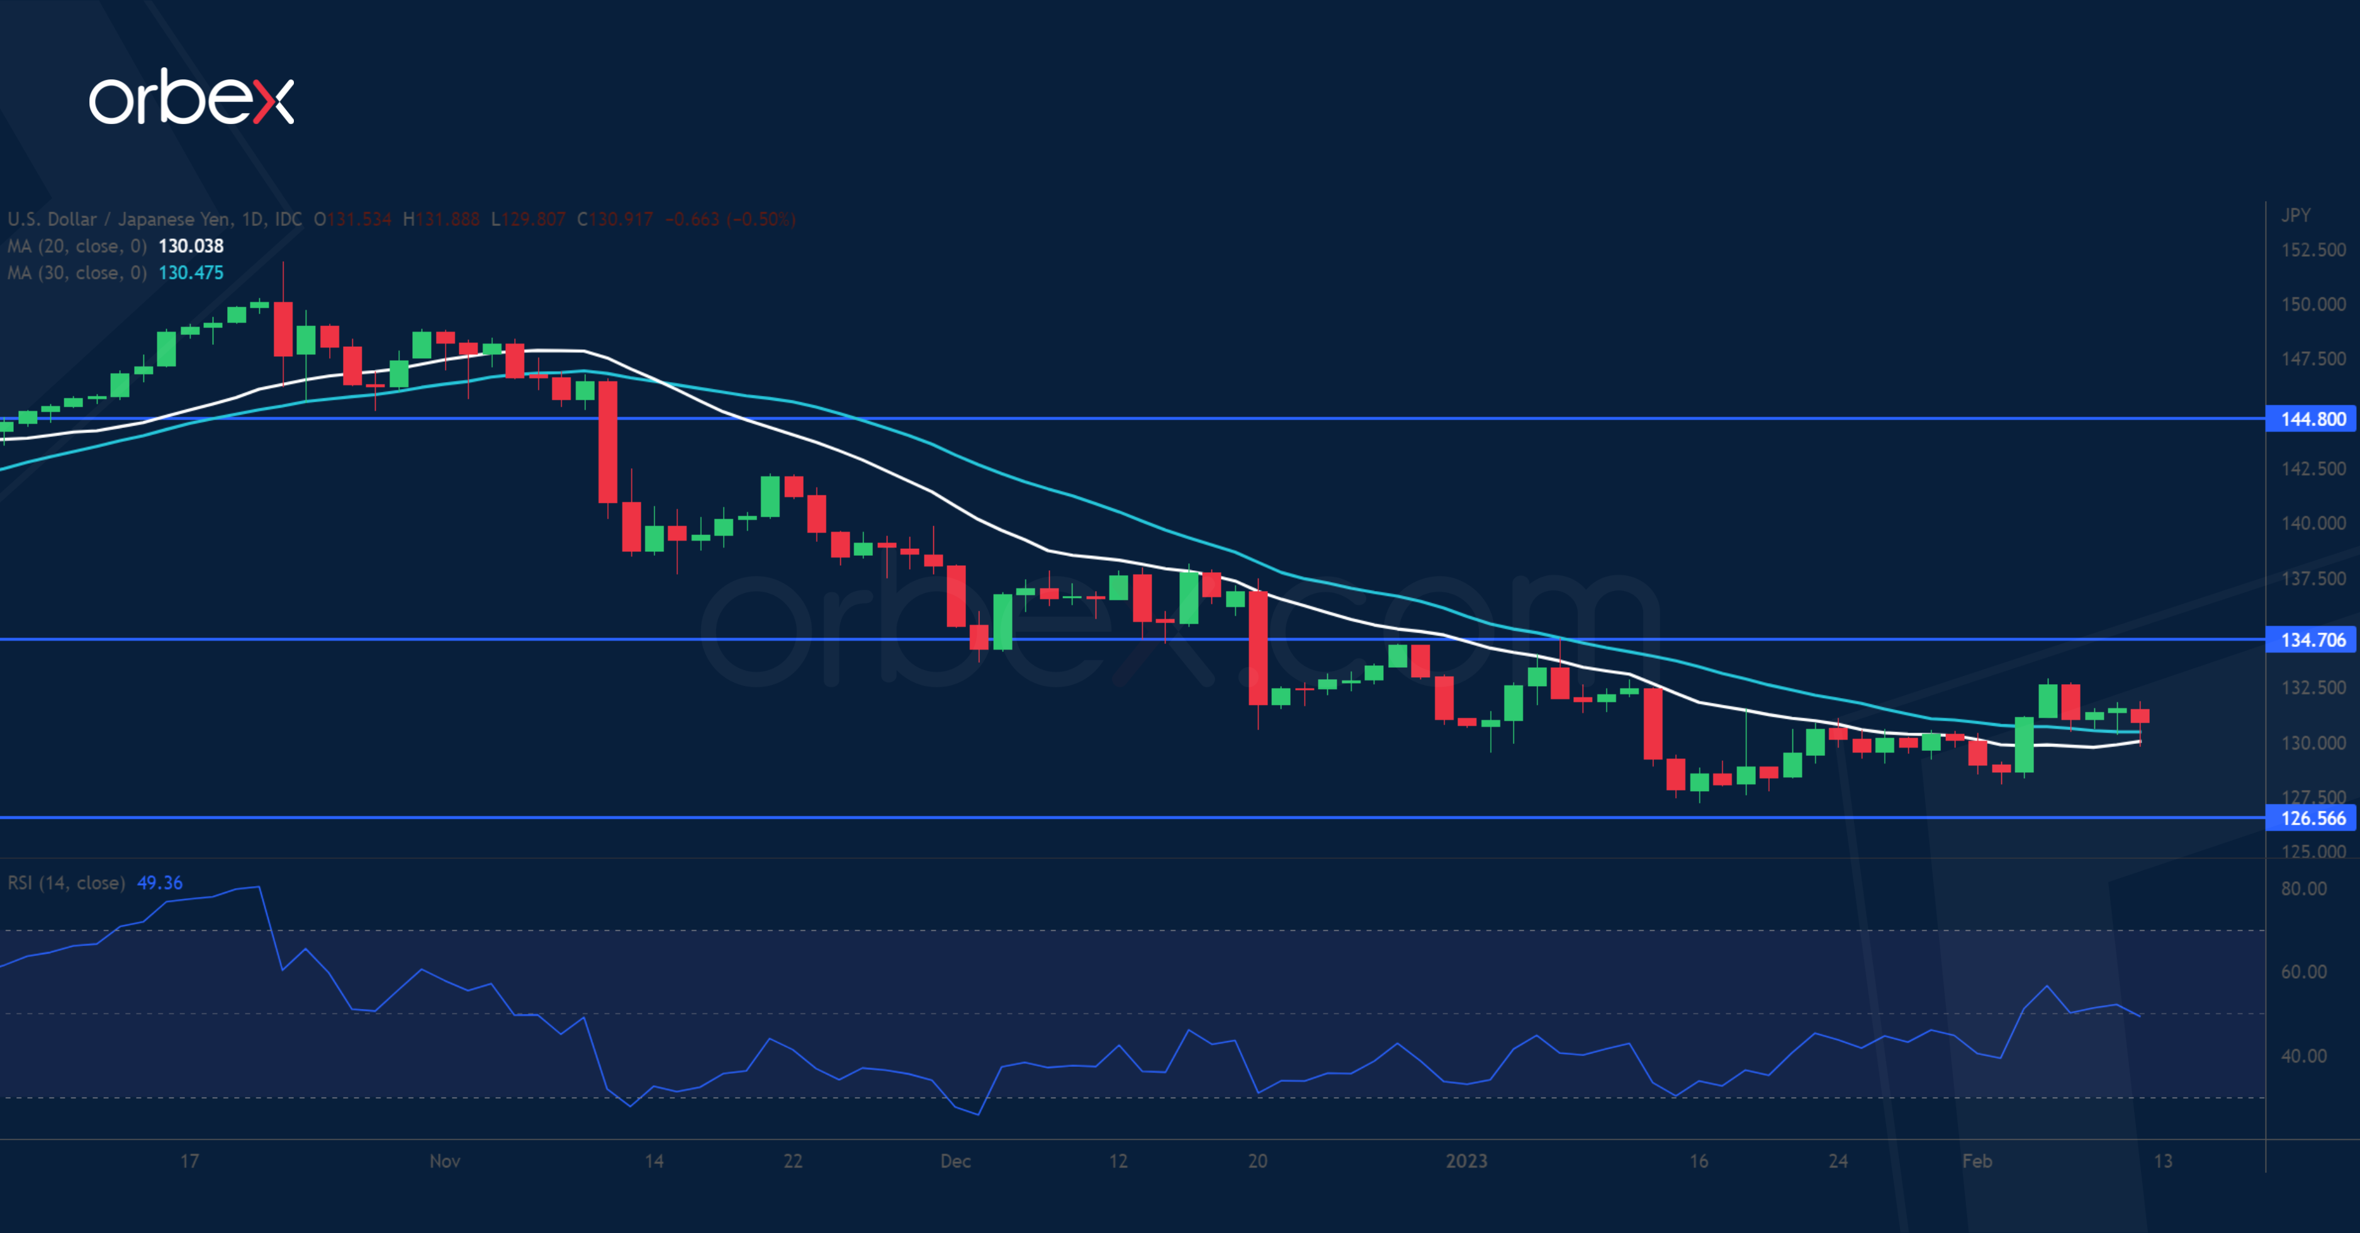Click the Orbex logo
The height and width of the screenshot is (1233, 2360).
(x=191, y=97)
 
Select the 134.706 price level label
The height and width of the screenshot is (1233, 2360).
(x=2312, y=639)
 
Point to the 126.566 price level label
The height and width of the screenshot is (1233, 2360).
(x=2312, y=818)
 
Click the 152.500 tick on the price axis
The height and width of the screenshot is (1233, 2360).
(x=2312, y=250)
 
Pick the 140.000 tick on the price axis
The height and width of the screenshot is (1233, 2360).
(x=2312, y=523)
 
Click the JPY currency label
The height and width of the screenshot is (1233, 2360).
(x=2295, y=215)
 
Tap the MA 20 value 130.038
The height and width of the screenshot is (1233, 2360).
(x=191, y=245)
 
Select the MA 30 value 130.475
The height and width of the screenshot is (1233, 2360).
(x=191, y=273)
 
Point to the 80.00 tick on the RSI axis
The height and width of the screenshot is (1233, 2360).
(x=2303, y=889)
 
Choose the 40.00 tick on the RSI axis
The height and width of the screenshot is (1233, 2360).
(x=2303, y=1056)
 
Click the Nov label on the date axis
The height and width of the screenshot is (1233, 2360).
(x=444, y=1161)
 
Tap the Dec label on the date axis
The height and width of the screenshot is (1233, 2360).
(x=955, y=1161)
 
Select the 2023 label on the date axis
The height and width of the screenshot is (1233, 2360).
(x=1466, y=1161)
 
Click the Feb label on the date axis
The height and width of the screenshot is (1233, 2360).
(x=1976, y=1161)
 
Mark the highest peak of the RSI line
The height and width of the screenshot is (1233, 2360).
(x=259, y=887)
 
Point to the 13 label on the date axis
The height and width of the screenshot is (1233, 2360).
(x=2162, y=1161)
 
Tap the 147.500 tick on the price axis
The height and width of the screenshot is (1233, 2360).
(x=2312, y=359)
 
